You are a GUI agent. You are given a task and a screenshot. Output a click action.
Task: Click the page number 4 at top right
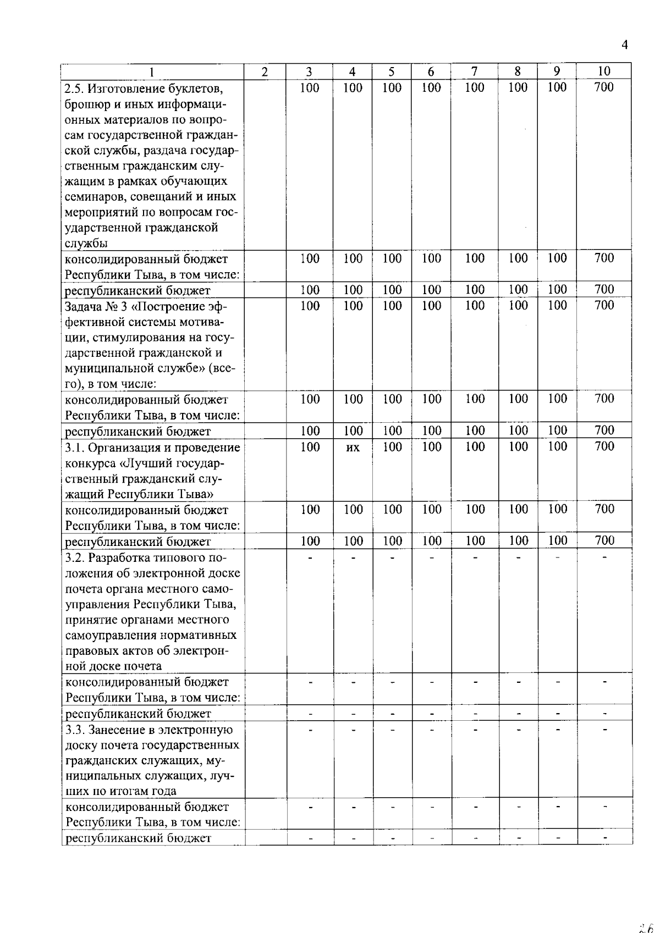[x=624, y=45]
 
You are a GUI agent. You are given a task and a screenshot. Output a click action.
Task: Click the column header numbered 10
[x=603, y=71]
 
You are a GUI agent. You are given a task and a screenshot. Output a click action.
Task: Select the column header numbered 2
[x=265, y=71]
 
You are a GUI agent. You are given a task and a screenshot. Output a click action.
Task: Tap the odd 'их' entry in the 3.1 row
[x=353, y=448]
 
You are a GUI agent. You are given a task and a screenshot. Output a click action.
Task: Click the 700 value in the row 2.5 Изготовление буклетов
[x=604, y=87]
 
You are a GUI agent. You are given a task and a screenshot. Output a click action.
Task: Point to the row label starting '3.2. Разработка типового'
[x=153, y=558]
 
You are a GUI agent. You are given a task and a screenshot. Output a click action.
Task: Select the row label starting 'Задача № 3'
[x=145, y=306]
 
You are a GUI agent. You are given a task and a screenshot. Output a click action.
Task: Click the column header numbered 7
[x=474, y=71]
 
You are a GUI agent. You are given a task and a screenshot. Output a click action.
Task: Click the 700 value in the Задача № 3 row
[x=604, y=305]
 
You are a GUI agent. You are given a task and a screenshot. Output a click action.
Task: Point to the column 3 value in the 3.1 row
[x=310, y=446]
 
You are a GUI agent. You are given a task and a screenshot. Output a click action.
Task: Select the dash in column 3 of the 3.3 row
[x=310, y=730]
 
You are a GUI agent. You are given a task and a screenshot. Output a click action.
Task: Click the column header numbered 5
[x=392, y=71]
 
